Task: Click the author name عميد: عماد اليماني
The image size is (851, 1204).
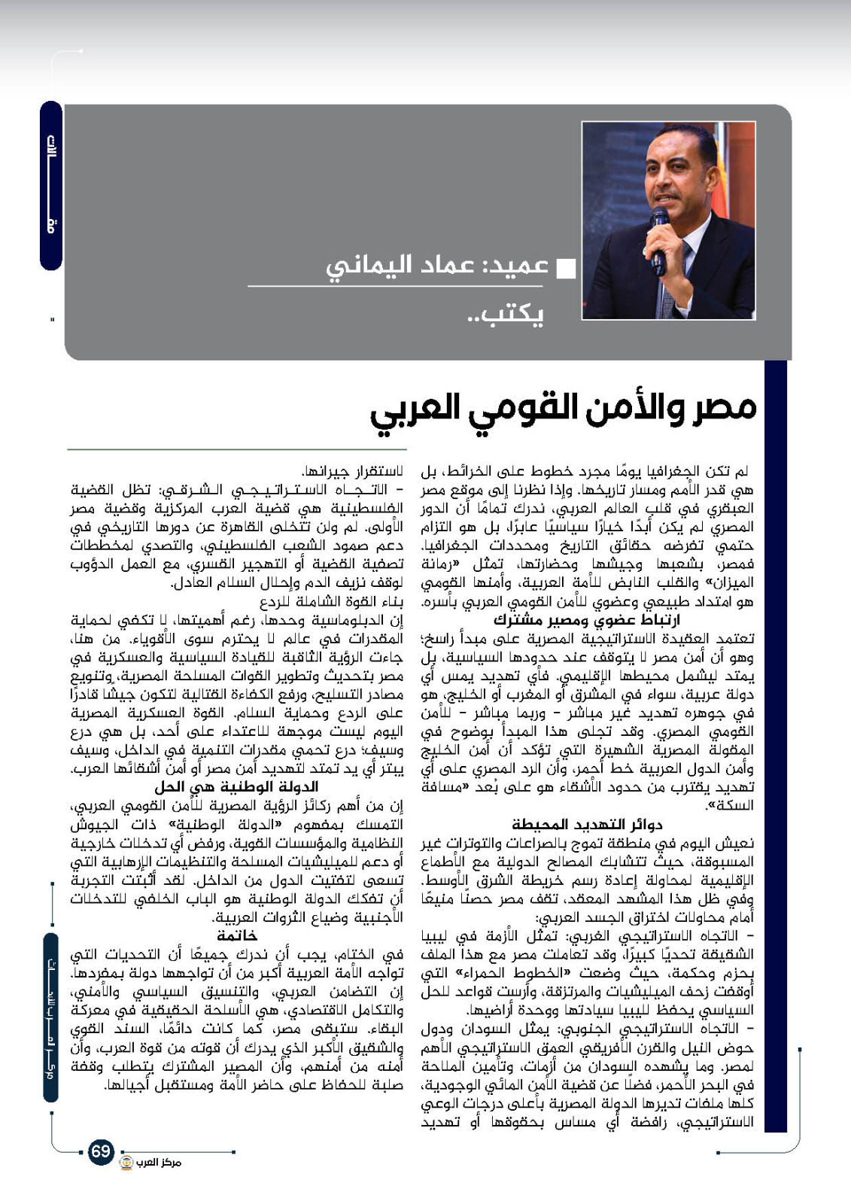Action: pyautogui.click(x=434, y=266)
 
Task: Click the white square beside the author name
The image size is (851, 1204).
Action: pyautogui.click(x=565, y=268)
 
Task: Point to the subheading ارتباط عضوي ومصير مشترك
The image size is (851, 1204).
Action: pyautogui.click(x=587, y=620)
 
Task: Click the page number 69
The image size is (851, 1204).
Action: pyautogui.click(x=100, y=1151)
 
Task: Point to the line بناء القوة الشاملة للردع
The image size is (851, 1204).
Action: pyautogui.click(x=332, y=602)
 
